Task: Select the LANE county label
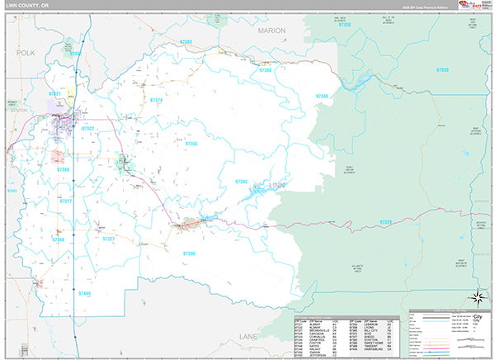click(248, 337)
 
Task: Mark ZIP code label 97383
click(186, 41)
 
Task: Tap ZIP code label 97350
click(442, 71)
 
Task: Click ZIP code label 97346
click(321, 97)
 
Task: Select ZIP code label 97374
click(156, 100)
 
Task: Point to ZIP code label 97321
click(55, 94)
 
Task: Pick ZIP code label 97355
click(191, 144)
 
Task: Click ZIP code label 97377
click(66, 201)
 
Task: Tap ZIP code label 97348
click(58, 239)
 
